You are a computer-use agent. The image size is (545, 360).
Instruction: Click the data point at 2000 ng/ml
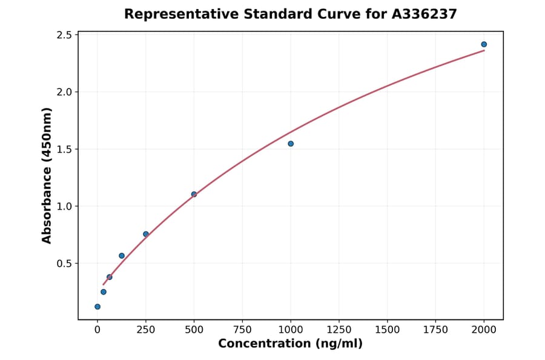pos(484,44)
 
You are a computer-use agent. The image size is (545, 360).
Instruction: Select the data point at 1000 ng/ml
pos(291,144)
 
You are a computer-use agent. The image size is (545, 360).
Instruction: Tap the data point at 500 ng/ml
pos(194,195)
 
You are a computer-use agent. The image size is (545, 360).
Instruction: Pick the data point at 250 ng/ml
pos(146,234)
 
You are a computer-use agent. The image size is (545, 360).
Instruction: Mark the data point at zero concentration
pos(97,307)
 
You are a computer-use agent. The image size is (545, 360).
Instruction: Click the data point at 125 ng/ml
pos(122,256)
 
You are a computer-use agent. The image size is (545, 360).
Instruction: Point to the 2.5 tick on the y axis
pos(64,35)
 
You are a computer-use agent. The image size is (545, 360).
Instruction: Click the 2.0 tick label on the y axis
pos(64,92)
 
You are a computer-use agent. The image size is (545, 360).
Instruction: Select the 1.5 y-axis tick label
pos(64,149)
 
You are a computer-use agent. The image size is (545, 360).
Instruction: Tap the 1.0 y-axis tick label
pos(64,206)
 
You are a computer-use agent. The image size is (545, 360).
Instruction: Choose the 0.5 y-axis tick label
pos(64,264)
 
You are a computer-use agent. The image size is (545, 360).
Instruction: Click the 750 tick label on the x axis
pos(242,330)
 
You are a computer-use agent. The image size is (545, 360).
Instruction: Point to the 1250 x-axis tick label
pos(339,330)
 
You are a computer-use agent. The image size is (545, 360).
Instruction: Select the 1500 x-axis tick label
pos(388,330)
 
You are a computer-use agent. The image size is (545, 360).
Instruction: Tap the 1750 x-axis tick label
pos(436,330)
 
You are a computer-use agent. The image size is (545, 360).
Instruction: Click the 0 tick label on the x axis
pos(97,330)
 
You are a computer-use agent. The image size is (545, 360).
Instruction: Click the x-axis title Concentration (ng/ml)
pos(290,344)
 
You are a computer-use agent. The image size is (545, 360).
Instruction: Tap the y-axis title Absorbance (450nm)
pos(47,175)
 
